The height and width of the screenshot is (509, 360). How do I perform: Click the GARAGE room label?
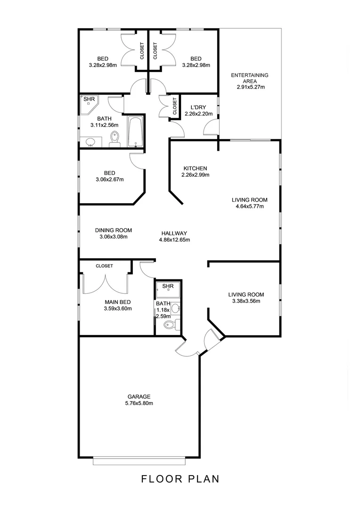(139, 396)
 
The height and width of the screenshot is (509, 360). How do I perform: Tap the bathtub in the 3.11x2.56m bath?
(135, 131)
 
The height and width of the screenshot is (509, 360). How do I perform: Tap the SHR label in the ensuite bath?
(167, 286)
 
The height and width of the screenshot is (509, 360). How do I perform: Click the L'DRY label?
(198, 107)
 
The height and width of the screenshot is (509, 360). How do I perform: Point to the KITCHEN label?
(195, 168)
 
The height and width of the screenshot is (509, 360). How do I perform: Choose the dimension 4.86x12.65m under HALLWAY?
(174, 239)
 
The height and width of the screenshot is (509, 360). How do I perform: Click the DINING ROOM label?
(113, 230)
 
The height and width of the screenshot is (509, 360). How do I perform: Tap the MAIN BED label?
(117, 302)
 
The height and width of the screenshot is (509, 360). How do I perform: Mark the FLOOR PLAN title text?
(180, 479)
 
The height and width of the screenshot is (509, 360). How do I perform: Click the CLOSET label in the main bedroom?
(104, 266)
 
